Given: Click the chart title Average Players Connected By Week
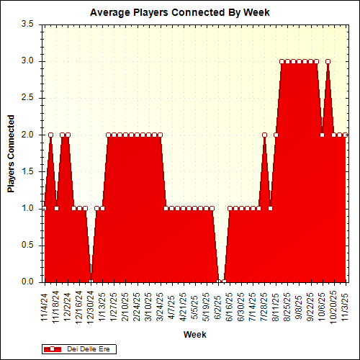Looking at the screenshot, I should pos(180,13).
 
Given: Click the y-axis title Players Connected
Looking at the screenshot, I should pos(12,153).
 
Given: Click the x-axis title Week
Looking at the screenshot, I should pos(194,335).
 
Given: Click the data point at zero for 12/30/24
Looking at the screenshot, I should pos(91,282).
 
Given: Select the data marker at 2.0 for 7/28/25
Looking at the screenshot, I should pos(264,135).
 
